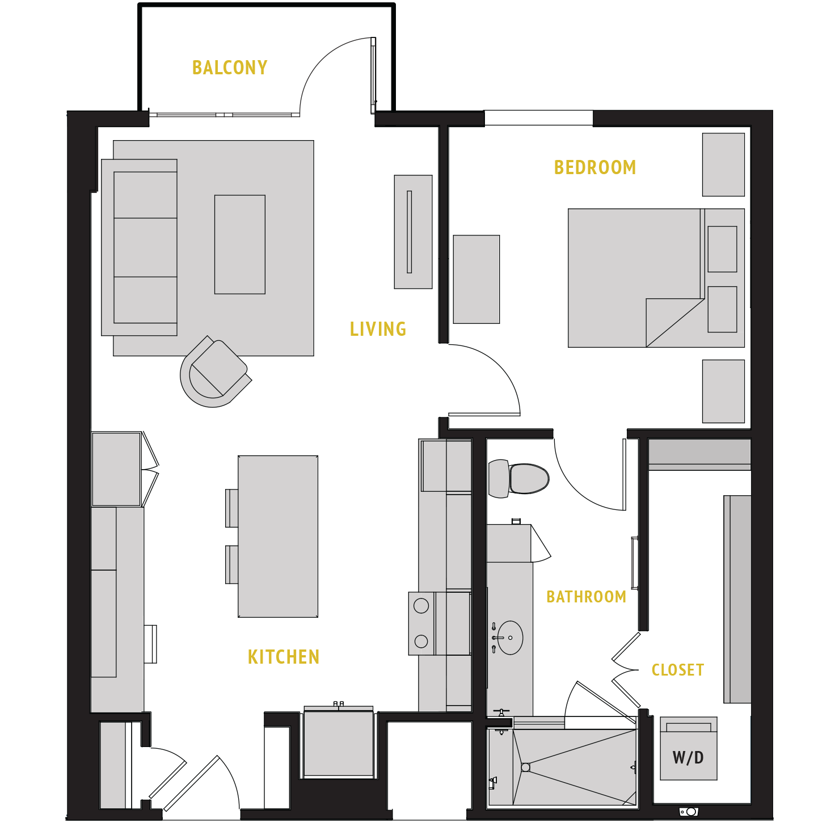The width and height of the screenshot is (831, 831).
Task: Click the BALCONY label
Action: [x=230, y=68]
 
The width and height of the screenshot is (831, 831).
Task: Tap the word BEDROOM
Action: [x=594, y=168]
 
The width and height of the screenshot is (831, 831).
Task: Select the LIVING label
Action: [x=378, y=330]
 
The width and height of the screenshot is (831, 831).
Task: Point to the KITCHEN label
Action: [x=284, y=657]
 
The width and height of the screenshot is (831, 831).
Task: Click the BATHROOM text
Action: [x=586, y=597]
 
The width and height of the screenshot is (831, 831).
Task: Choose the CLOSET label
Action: [x=678, y=670]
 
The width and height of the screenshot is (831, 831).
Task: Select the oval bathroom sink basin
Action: [x=511, y=638]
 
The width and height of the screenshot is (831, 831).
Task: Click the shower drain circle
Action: [x=525, y=767]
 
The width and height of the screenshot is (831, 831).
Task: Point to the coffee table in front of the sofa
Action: [x=239, y=244]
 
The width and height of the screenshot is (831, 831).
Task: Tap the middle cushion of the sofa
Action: [x=145, y=247]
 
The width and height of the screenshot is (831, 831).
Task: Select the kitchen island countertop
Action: [x=278, y=536]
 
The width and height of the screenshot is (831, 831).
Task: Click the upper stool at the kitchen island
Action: [x=231, y=508]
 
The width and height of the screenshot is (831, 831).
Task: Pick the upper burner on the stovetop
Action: [x=421, y=606]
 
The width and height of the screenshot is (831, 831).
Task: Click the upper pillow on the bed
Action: [x=722, y=249]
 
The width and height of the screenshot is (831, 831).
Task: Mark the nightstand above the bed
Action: [x=723, y=164]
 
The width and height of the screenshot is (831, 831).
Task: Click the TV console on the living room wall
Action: [x=413, y=231]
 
